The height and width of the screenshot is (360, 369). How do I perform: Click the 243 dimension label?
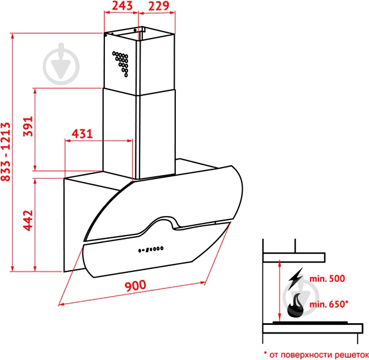tap(122, 6)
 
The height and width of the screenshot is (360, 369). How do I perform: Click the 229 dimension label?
tap(159, 6)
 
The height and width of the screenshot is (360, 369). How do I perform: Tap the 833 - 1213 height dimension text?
tap(6, 151)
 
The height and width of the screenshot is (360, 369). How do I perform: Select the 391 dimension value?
tap(28, 126)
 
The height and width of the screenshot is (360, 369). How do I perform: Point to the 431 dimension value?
tap(82, 134)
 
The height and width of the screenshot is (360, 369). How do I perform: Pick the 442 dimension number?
tap(28, 221)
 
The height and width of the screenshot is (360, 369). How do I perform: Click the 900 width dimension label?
tap(135, 286)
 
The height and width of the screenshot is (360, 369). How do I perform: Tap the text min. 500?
tap(327, 279)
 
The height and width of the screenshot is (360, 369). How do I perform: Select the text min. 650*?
tap(329, 304)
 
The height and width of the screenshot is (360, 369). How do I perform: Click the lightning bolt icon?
tap(296, 278)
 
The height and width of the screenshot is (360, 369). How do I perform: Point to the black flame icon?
tap(296, 305)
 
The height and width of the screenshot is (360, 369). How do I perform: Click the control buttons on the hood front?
tap(150, 249)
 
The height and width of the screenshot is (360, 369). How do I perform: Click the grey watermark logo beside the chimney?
tap(61, 64)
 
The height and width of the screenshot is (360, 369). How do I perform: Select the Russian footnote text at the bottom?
tap(317, 355)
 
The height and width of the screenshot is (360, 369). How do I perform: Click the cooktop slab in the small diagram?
tap(312, 328)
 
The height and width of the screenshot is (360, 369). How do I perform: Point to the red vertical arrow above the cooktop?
tap(280, 291)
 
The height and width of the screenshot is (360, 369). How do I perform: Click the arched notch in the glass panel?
tap(165, 221)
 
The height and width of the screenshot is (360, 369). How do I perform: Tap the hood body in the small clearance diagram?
tap(294, 257)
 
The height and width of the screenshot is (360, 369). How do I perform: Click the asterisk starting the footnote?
tap(265, 353)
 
